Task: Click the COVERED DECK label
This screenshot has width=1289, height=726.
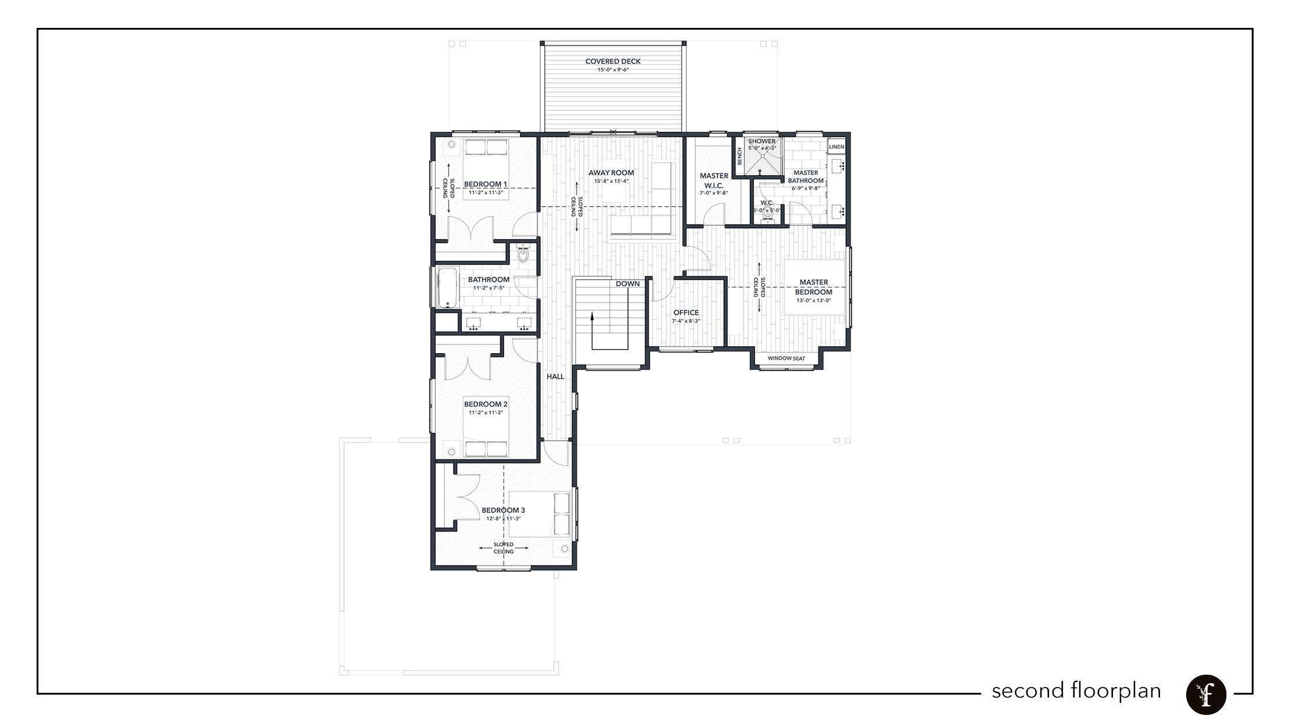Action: (613, 62)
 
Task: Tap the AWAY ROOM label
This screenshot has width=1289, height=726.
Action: (611, 173)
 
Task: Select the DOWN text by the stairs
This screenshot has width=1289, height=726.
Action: (627, 284)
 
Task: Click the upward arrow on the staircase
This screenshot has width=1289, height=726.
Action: (592, 317)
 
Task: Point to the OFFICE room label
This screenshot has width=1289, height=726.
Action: (686, 313)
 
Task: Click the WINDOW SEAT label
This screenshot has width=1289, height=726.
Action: (786, 358)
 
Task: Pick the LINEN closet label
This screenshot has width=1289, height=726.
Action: (836, 147)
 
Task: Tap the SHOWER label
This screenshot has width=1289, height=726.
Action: (762, 142)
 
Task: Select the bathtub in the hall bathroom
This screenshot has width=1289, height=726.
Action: (447, 287)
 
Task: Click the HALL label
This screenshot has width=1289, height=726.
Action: (555, 376)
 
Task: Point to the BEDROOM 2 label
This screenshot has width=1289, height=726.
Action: (486, 404)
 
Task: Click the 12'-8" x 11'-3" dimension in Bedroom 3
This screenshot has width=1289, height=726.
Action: (503, 519)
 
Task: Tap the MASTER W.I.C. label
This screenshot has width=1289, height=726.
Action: (714, 180)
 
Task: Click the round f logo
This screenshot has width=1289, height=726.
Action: (1206, 695)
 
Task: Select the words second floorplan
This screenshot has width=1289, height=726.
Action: (1076, 691)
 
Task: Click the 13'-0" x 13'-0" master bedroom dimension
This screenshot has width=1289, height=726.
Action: (813, 300)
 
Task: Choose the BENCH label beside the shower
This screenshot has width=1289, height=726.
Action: (739, 156)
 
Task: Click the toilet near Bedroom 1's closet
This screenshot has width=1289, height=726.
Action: (523, 254)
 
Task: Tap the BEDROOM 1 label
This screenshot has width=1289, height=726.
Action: (486, 185)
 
